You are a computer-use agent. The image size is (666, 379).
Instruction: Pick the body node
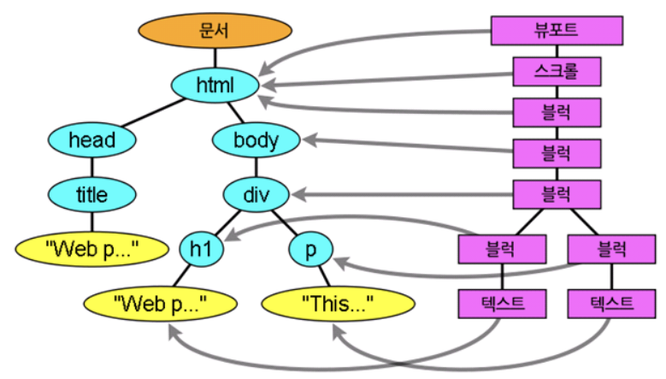point(256,139)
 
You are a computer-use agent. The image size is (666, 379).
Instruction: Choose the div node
point(256,195)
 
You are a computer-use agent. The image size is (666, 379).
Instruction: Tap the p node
point(312,249)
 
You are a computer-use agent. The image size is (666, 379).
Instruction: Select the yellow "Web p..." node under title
point(91,249)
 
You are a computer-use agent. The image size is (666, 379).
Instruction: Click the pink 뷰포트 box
point(557,30)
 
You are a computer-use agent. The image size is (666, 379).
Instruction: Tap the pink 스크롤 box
point(557,70)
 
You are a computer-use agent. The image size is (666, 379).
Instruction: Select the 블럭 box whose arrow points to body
point(557,153)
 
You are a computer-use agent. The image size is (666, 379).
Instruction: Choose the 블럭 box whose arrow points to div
point(557,194)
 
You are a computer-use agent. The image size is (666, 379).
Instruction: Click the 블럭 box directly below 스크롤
point(557,111)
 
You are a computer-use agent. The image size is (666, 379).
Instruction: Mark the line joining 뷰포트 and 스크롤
point(557,50)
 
